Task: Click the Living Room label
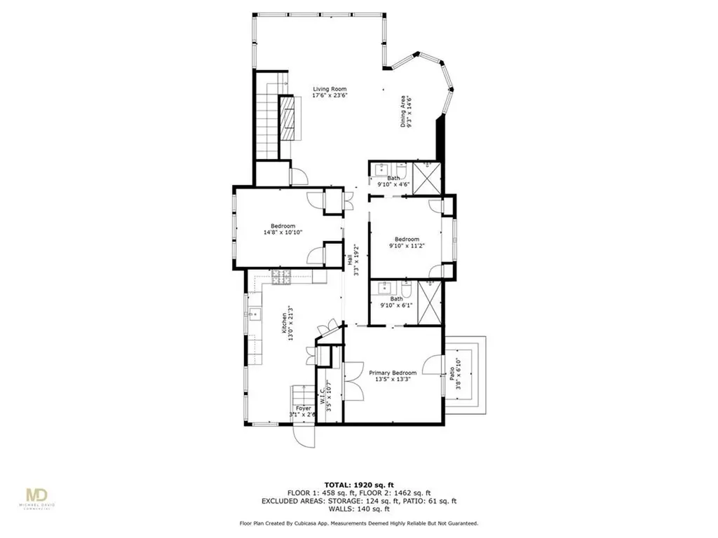[330, 89]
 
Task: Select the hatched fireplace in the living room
[287, 119]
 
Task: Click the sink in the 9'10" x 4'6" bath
[382, 169]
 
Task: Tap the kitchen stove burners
[282, 277]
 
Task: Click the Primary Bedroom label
[393, 373]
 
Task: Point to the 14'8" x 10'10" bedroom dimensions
[279, 233]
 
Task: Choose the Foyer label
[303, 408]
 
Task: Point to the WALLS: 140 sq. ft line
[359, 509]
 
